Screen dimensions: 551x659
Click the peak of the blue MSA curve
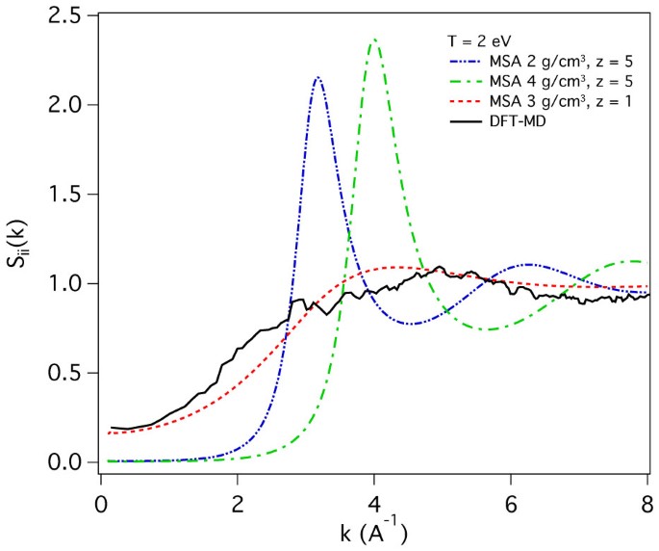click(x=317, y=78)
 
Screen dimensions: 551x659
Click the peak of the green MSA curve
click(x=374, y=39)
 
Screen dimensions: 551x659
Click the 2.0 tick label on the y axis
click(x=73, y=105)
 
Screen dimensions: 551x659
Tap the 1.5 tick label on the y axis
click(x=73, y=195)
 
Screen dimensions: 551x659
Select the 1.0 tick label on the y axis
click(x=73, y=284)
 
